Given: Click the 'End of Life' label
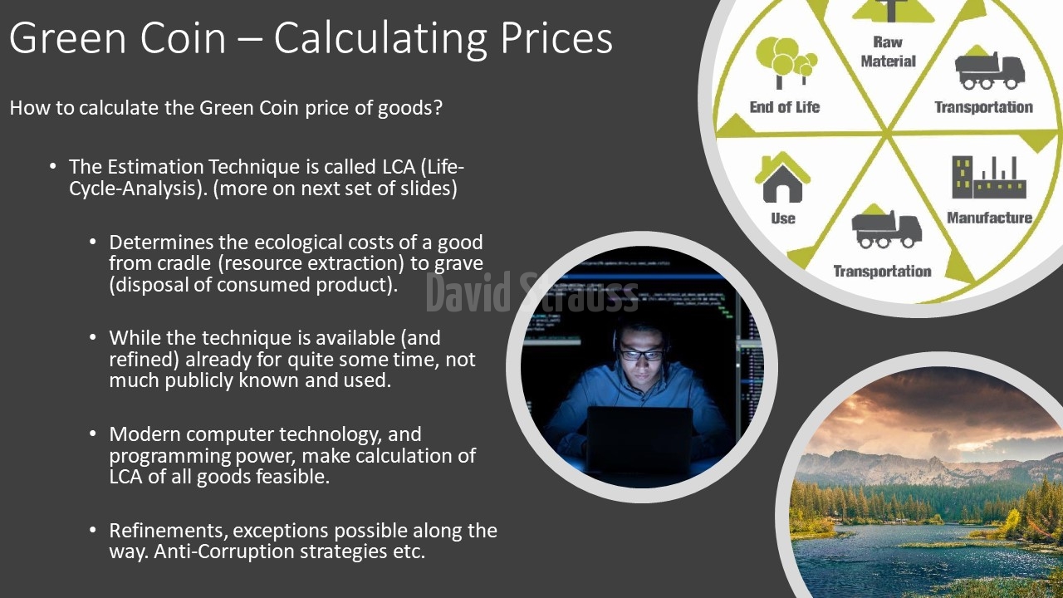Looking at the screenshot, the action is [x=785, y=107].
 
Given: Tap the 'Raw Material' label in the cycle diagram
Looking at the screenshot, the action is [x=888, y=51].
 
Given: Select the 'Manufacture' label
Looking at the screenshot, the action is [x=989, y=218].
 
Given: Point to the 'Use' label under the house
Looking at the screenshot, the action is [x=783, y=218].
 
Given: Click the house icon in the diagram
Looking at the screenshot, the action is [x=782, y=178].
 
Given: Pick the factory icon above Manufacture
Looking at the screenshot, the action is [x=989, y=177].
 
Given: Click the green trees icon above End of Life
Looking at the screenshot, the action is [x=786, y=62].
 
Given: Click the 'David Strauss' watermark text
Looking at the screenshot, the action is [x=532, y=292].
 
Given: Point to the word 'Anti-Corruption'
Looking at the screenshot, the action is [x=224, y=551].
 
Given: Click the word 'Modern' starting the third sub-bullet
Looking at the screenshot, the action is [x=145, y=434].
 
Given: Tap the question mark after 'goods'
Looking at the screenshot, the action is [x=438, y=108].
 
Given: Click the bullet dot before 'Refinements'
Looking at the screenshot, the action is [x=92, y=530].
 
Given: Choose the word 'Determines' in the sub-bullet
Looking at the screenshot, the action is [x=161, y=243].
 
